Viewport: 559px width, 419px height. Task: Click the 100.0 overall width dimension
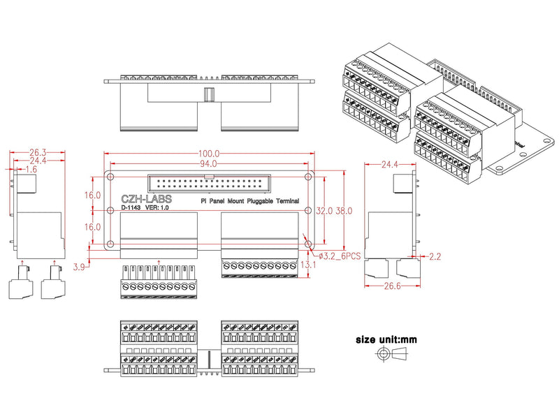[209, 154]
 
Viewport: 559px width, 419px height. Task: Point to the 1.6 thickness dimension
[31, 170]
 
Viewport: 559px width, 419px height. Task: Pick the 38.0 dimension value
[344, 210]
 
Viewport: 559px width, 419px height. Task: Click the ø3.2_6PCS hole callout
[340, 256]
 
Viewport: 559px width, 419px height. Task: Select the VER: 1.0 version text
[158, 207]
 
